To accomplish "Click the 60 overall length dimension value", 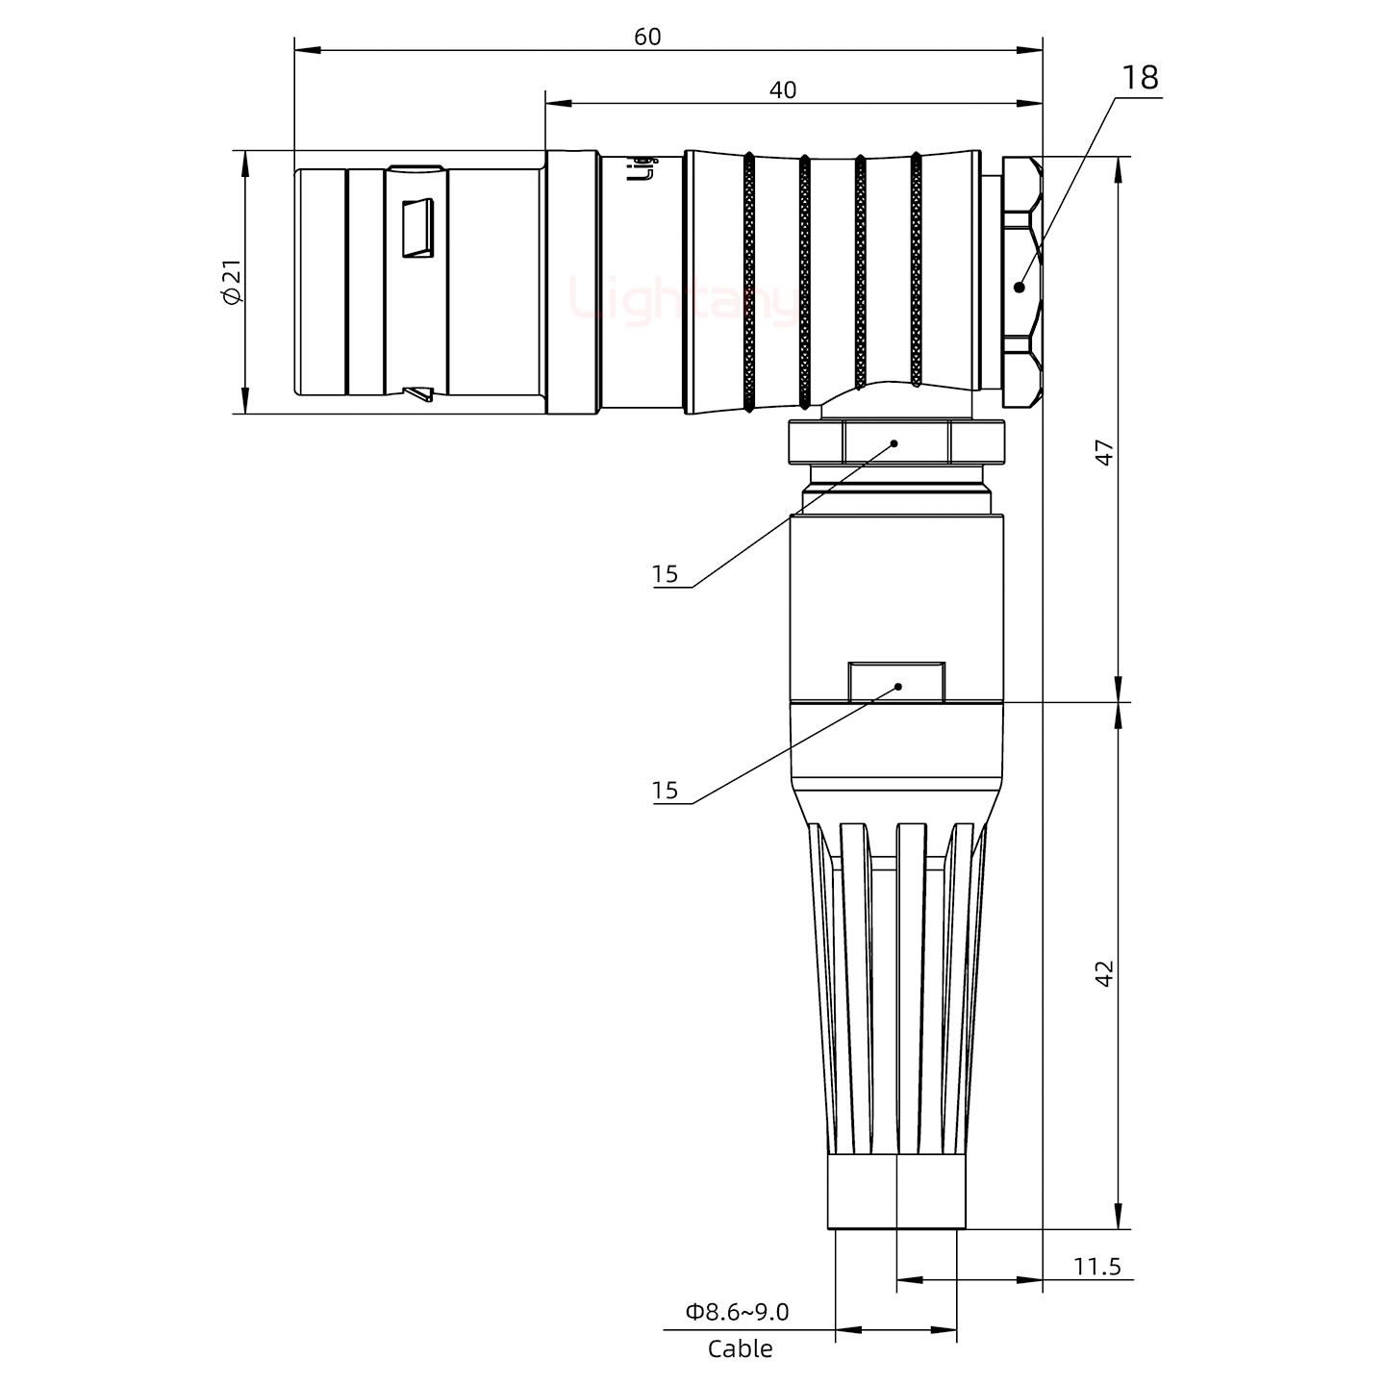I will (647, 37).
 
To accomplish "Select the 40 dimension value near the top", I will (783, 89).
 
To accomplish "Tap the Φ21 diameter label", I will (232, 283).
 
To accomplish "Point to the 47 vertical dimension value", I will (1105, 452).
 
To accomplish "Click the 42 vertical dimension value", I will (1105, 972).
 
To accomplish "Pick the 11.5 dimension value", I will (1096, 1266).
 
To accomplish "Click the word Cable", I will (740, 1349).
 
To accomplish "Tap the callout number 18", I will (1140, 78).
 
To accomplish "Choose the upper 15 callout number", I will (665, 575).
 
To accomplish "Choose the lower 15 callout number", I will (665, 791).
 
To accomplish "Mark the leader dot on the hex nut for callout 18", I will (1020, 286).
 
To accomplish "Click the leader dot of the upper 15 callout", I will (894, 443).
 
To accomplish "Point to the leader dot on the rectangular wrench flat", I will (898, 687).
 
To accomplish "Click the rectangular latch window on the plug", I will (417, 229).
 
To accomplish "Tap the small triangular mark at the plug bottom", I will (419, 393).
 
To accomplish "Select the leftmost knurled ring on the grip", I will (748, 282).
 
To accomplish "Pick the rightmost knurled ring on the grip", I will (916, 269).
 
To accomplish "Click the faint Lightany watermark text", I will (683, 299).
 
